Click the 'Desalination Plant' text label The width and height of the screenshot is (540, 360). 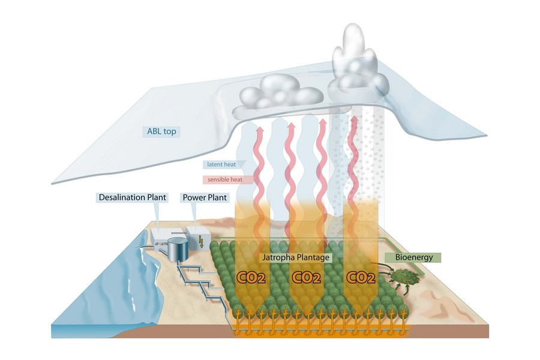point(132,197)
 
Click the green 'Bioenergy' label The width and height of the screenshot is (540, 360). point(413,257)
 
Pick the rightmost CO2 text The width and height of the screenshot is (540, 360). point(362,278)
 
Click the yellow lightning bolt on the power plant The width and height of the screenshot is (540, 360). point(200,242)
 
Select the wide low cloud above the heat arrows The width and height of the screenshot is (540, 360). point(279,96)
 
